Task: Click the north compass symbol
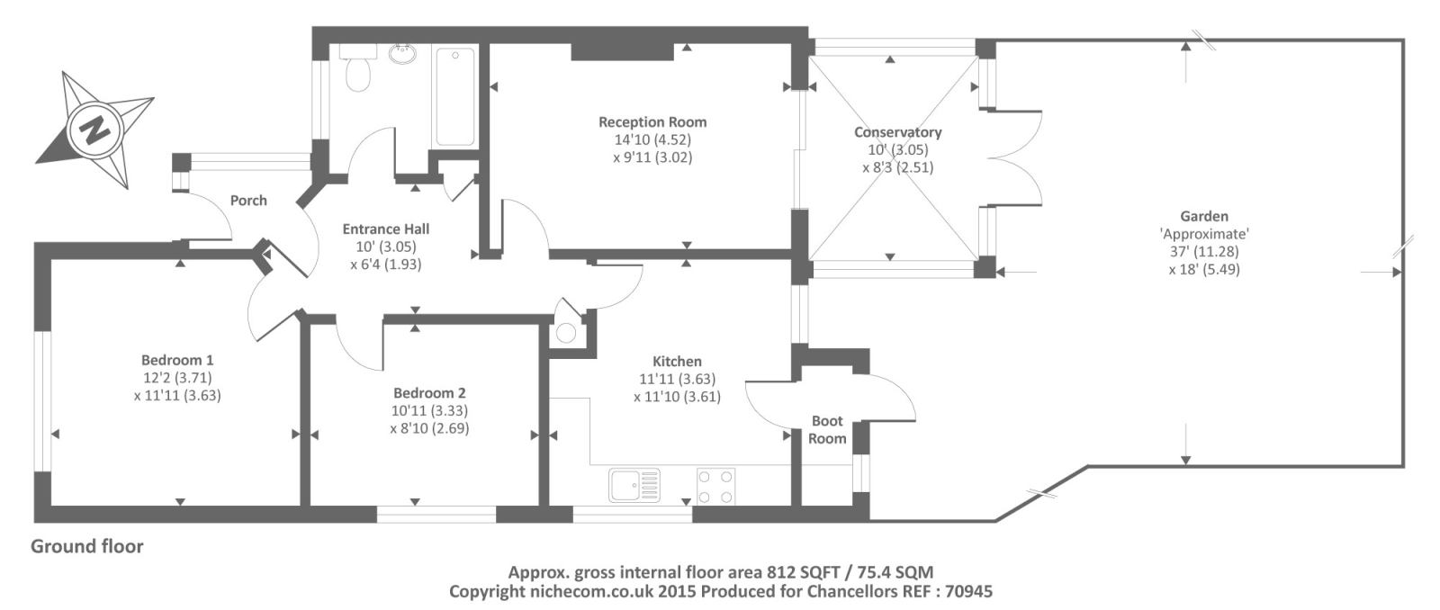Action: (x=94, y=130)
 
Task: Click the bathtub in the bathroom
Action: (x=455, y=96)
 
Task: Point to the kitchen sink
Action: (x=634, y=485)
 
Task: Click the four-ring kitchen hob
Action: (x=715, y=486)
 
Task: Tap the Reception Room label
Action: (x=652, y=122)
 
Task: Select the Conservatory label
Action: (x=897, y=132)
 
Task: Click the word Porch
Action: (x=248, y=201)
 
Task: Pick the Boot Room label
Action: (x=827, y=429)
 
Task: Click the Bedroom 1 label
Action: (x=177, y=360)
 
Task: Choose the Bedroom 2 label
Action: (x=429, y=393)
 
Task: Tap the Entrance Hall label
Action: (x=386, y=229)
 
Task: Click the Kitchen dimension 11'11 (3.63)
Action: (x=677, y=380)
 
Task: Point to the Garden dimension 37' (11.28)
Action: (x=1204, y=252)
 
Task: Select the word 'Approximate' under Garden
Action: (x=1204, y=234)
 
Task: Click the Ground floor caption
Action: (x=86, y=546)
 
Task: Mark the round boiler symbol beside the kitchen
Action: (x=566, y=333)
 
